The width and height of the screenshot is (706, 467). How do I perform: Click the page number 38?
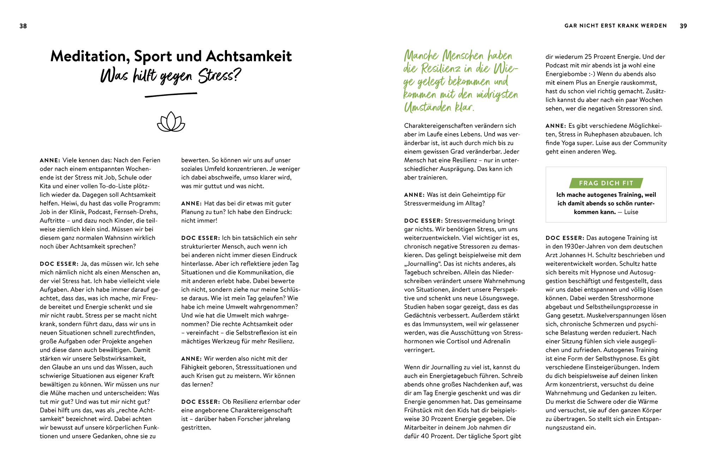pyautogui.click(x=23, y=26)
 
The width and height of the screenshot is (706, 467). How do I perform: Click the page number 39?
pyautogui.click(x=683, y=26)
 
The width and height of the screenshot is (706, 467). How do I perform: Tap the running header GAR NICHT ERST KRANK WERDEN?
pyautogui.click(x=615, y=26)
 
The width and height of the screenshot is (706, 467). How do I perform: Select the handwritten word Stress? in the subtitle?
pyautogui.click(x=219, y=76)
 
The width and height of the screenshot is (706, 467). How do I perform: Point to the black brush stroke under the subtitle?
pyautogui.click(x=171, y=94)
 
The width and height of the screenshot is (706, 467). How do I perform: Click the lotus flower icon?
pyautogui.click(x=171, y=122)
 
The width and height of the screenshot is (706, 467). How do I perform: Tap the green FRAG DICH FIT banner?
pyautogui.click(x=606, y=183)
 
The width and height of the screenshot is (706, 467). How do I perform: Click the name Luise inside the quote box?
pyautogui.click(x=631, y=212)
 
